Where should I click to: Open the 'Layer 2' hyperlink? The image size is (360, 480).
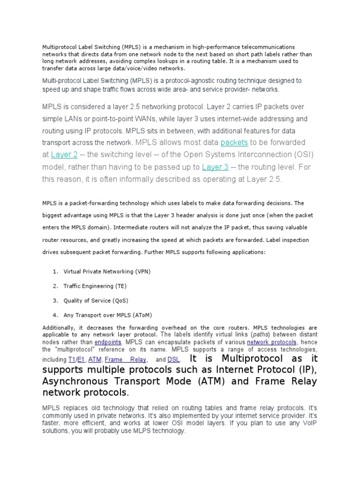click(x=64, y=155)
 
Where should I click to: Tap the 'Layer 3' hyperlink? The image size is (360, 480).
click(x=215, y=167)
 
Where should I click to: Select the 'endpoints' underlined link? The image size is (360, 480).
click(x=108, y=343)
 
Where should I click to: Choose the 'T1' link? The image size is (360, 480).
click(x=72, y=360)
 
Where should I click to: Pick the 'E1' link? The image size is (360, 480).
click(x=81, y=360)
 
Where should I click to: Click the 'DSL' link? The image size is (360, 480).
click(x=173, y=360)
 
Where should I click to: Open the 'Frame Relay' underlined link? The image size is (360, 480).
click(x=125, y=360)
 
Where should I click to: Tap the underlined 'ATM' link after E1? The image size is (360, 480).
click(x=95, y=360)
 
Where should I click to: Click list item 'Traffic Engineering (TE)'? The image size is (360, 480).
click(x=95, y=286)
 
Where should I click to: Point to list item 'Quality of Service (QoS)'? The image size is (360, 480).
click(x=96, y=300)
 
